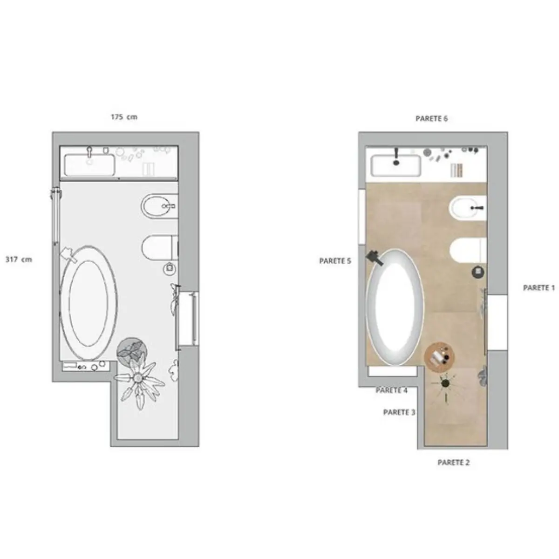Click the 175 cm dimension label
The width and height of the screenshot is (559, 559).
[x=124, y=117]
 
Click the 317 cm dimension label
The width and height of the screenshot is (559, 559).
[x=19, y=259]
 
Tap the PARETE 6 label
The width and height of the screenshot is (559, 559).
[x=431, y=118]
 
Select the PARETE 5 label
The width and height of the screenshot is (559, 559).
[x=335, y=261]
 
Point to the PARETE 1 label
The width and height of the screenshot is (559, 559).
[x=539, y=288]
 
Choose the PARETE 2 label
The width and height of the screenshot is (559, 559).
[x=453, y=463]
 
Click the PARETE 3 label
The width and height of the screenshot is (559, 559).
[x=399, y=412]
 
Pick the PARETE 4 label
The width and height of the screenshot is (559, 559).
[x=392, y=390]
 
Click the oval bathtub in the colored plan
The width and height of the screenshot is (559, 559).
[x=395, y=307]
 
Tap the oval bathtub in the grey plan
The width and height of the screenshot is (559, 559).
[x=89, y=303]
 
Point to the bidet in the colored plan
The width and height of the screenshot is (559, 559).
[x=468, y=208]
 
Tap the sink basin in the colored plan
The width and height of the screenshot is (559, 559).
[x=396, y=165]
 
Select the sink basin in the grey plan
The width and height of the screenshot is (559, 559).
[x=89, y=165]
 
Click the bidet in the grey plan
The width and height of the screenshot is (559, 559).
[x=159, y=206]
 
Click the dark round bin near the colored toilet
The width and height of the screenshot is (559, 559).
[x=478, y=272]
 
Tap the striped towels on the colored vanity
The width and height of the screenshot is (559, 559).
[x=456, y=170]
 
